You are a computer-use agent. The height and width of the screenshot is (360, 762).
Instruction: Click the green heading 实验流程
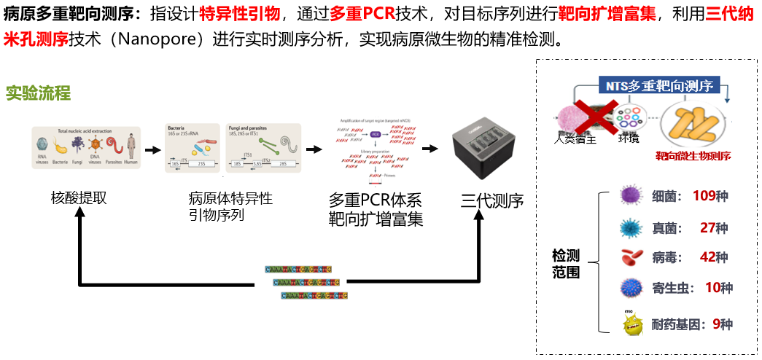pyautogui.click(x=38, y=93)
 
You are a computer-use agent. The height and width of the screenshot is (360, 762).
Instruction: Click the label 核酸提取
pyautogui.click(x=78, y=197)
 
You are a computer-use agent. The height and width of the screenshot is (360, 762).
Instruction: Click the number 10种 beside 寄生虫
pyautogui.click(x=718, y=287)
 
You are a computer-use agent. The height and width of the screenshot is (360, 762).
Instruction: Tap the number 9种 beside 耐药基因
pyautogui.click(x=722, y=324)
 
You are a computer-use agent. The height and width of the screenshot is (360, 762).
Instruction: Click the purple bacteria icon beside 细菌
pyautogui.click(x=630, y=196)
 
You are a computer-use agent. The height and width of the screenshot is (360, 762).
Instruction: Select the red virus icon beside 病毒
pyautogui.click(x=631, y=257)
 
